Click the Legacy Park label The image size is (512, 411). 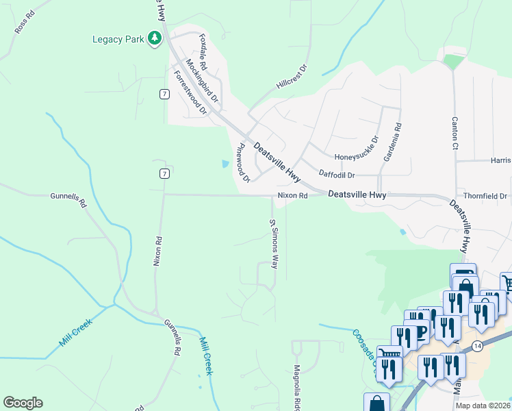tap(118, 39)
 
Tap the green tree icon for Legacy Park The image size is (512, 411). tap(155, 38)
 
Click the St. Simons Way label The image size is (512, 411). tap(272, 244)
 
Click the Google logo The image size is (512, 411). tap(23, 403)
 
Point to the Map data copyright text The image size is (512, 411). tap(483, 406)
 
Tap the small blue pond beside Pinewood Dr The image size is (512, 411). tap(226, 164)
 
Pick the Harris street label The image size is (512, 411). tap(500, 160)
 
